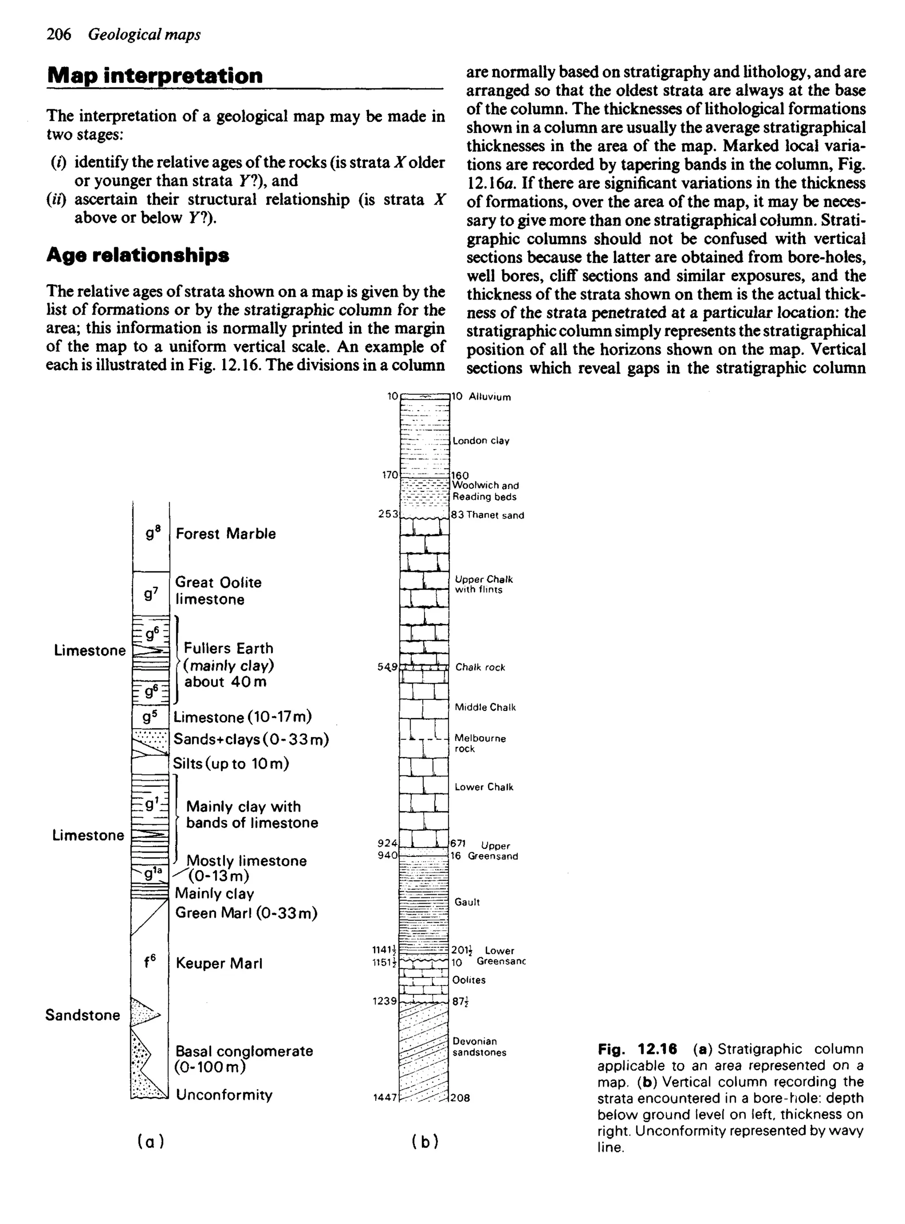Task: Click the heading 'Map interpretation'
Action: [155, 76]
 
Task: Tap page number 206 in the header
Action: [59, 34]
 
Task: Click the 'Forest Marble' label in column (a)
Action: [226, 534]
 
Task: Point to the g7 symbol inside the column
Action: [151, 593]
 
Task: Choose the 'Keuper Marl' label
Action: [219, 964]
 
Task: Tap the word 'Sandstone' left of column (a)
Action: [83, 1015]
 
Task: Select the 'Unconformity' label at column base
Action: [224, 1095]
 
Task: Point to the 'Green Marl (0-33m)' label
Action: [247, 913]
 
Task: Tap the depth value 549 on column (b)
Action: [387, 667]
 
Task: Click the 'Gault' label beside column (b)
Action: [467, 902]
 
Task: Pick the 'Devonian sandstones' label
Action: [479, 1046]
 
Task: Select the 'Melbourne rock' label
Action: [480, 743]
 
